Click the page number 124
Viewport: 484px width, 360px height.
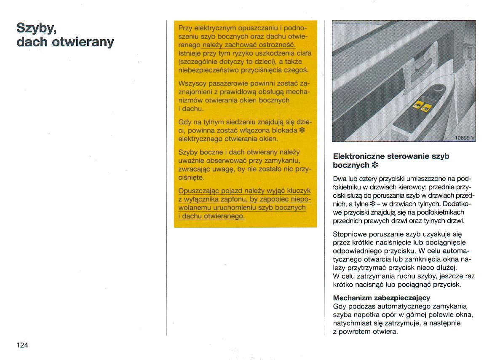22,345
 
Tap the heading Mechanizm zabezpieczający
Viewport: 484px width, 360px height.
381,298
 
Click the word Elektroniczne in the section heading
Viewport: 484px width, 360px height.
358,156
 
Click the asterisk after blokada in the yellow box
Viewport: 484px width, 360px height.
302,131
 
